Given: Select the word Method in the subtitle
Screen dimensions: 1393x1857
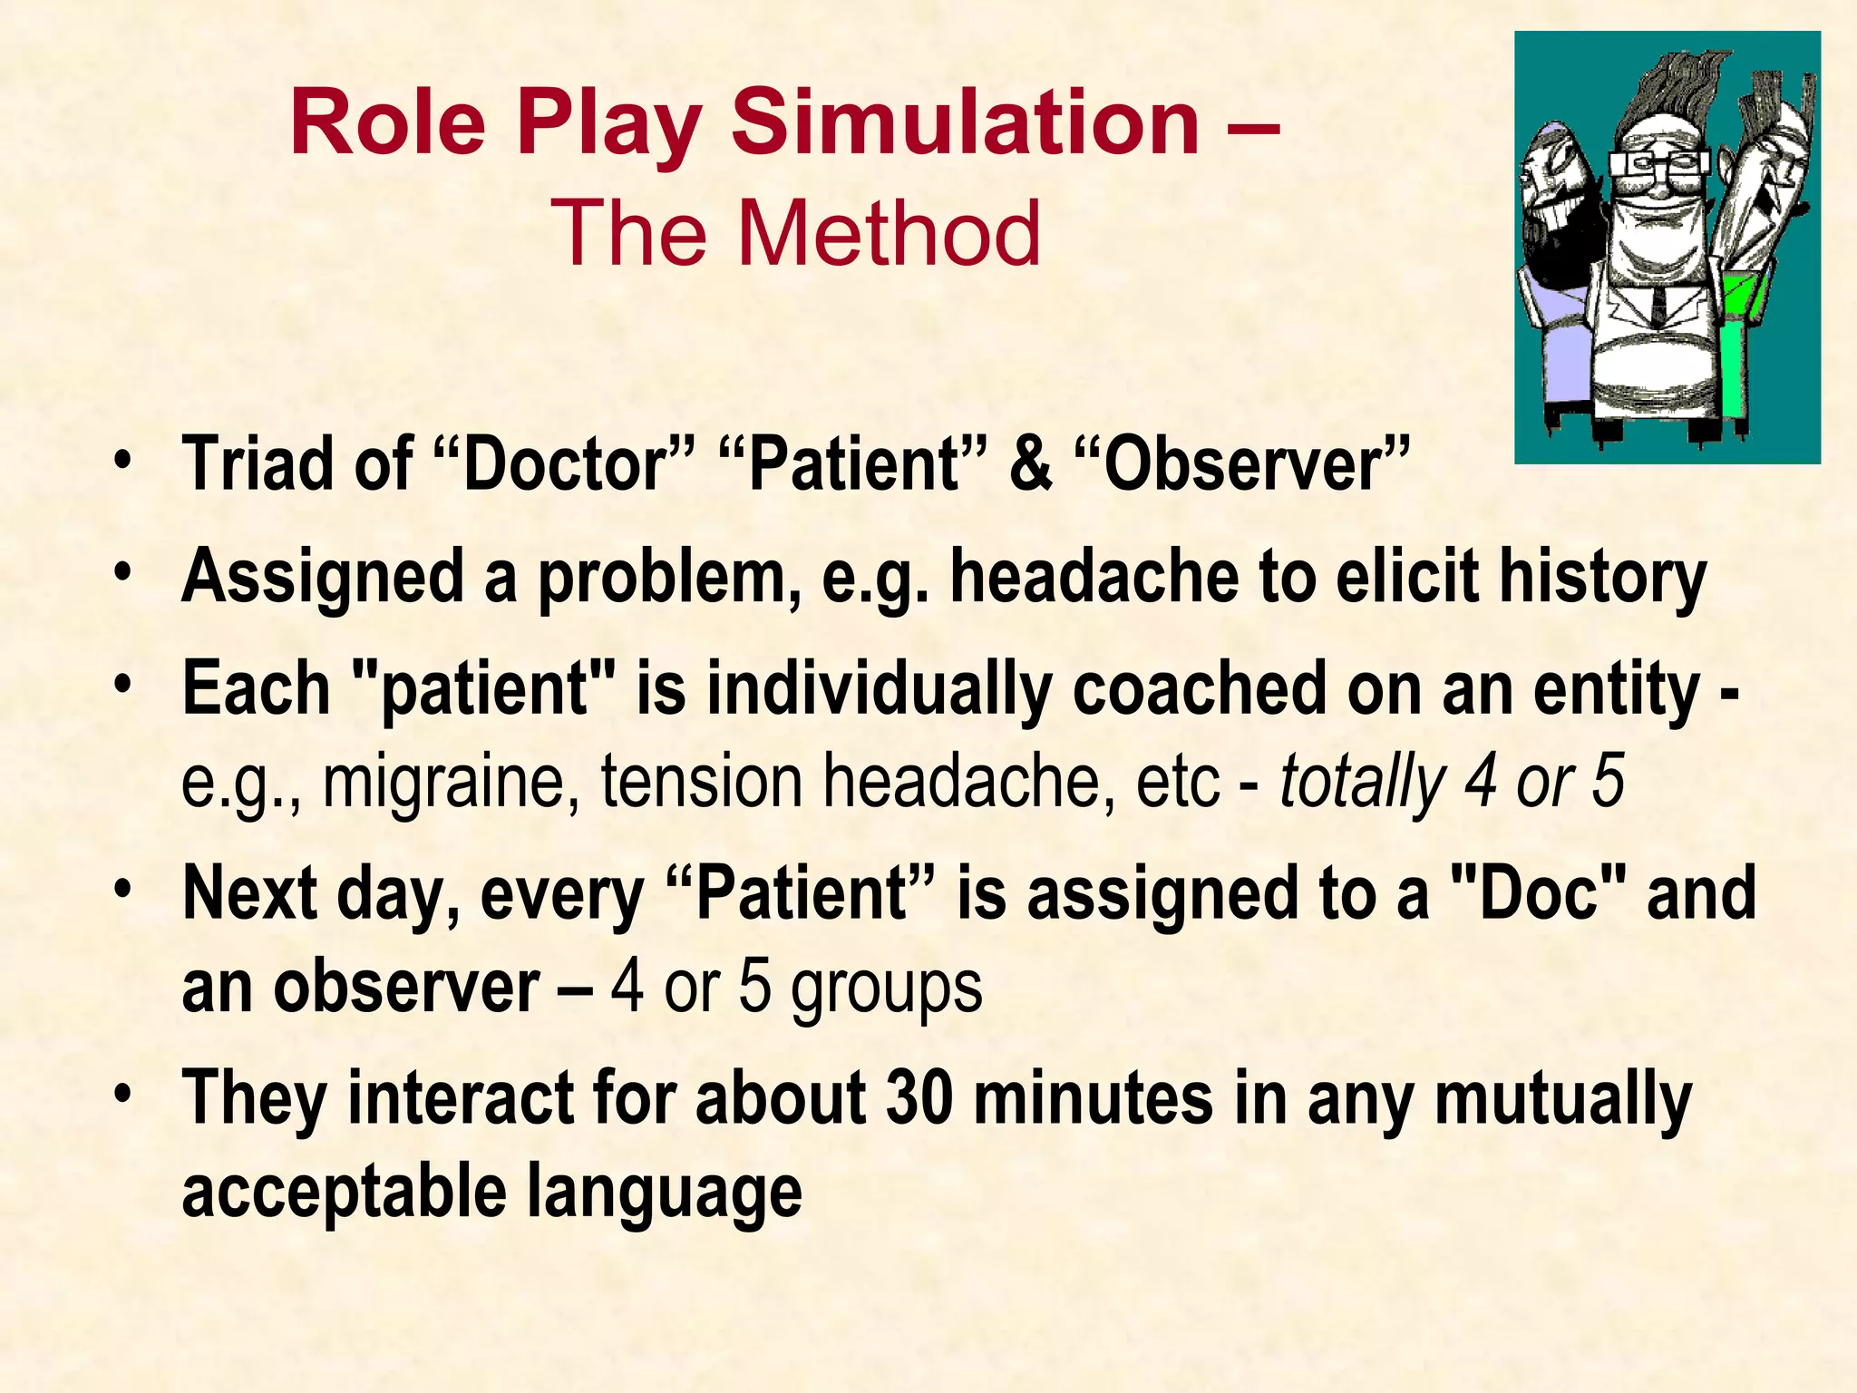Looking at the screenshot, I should (891, 234).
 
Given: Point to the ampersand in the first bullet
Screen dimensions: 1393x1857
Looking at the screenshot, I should (1031, 465).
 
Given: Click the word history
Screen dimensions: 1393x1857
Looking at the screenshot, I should (1602, 578).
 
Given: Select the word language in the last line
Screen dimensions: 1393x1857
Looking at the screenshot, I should (664, 1192).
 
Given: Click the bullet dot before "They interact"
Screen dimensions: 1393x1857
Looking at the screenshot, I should (124, 1092).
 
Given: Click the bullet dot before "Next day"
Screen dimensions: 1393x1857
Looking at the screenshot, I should (124, 887).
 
